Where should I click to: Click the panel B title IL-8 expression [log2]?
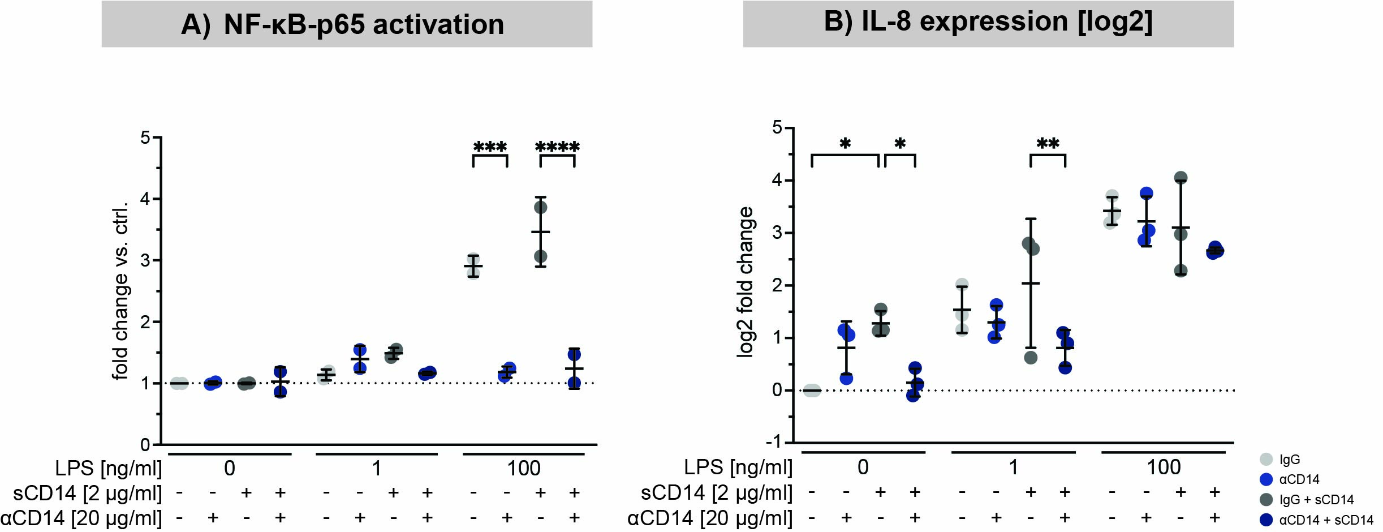(988, 22)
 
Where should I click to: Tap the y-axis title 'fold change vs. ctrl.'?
(121, 291)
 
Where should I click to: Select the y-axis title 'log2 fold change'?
(746, 282)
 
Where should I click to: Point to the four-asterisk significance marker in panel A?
(557, 148)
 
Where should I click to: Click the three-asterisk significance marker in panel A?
(490, 148)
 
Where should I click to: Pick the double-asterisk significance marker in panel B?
(1048, 144)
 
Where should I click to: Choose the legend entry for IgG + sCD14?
(1316, 500)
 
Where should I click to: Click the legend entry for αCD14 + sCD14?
(1326, 520)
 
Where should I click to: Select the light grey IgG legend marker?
(1266, 459)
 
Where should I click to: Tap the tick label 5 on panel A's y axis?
(145, 138)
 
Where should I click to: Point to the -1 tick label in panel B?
(779, 441)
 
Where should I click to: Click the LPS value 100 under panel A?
(523, 469)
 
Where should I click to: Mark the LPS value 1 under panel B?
(1013, 467)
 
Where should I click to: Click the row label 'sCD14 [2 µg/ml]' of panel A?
(87, 494)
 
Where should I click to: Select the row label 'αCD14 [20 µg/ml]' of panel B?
(710, 518)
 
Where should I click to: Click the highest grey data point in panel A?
(541, 207)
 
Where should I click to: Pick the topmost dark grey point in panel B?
(1180, 178)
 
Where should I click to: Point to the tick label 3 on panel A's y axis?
(145, 260)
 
